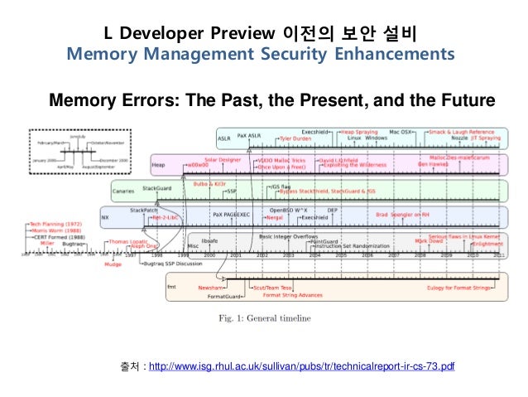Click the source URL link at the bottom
301,366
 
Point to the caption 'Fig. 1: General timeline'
265,317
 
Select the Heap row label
161,165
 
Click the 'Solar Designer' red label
222,158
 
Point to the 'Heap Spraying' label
360,132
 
